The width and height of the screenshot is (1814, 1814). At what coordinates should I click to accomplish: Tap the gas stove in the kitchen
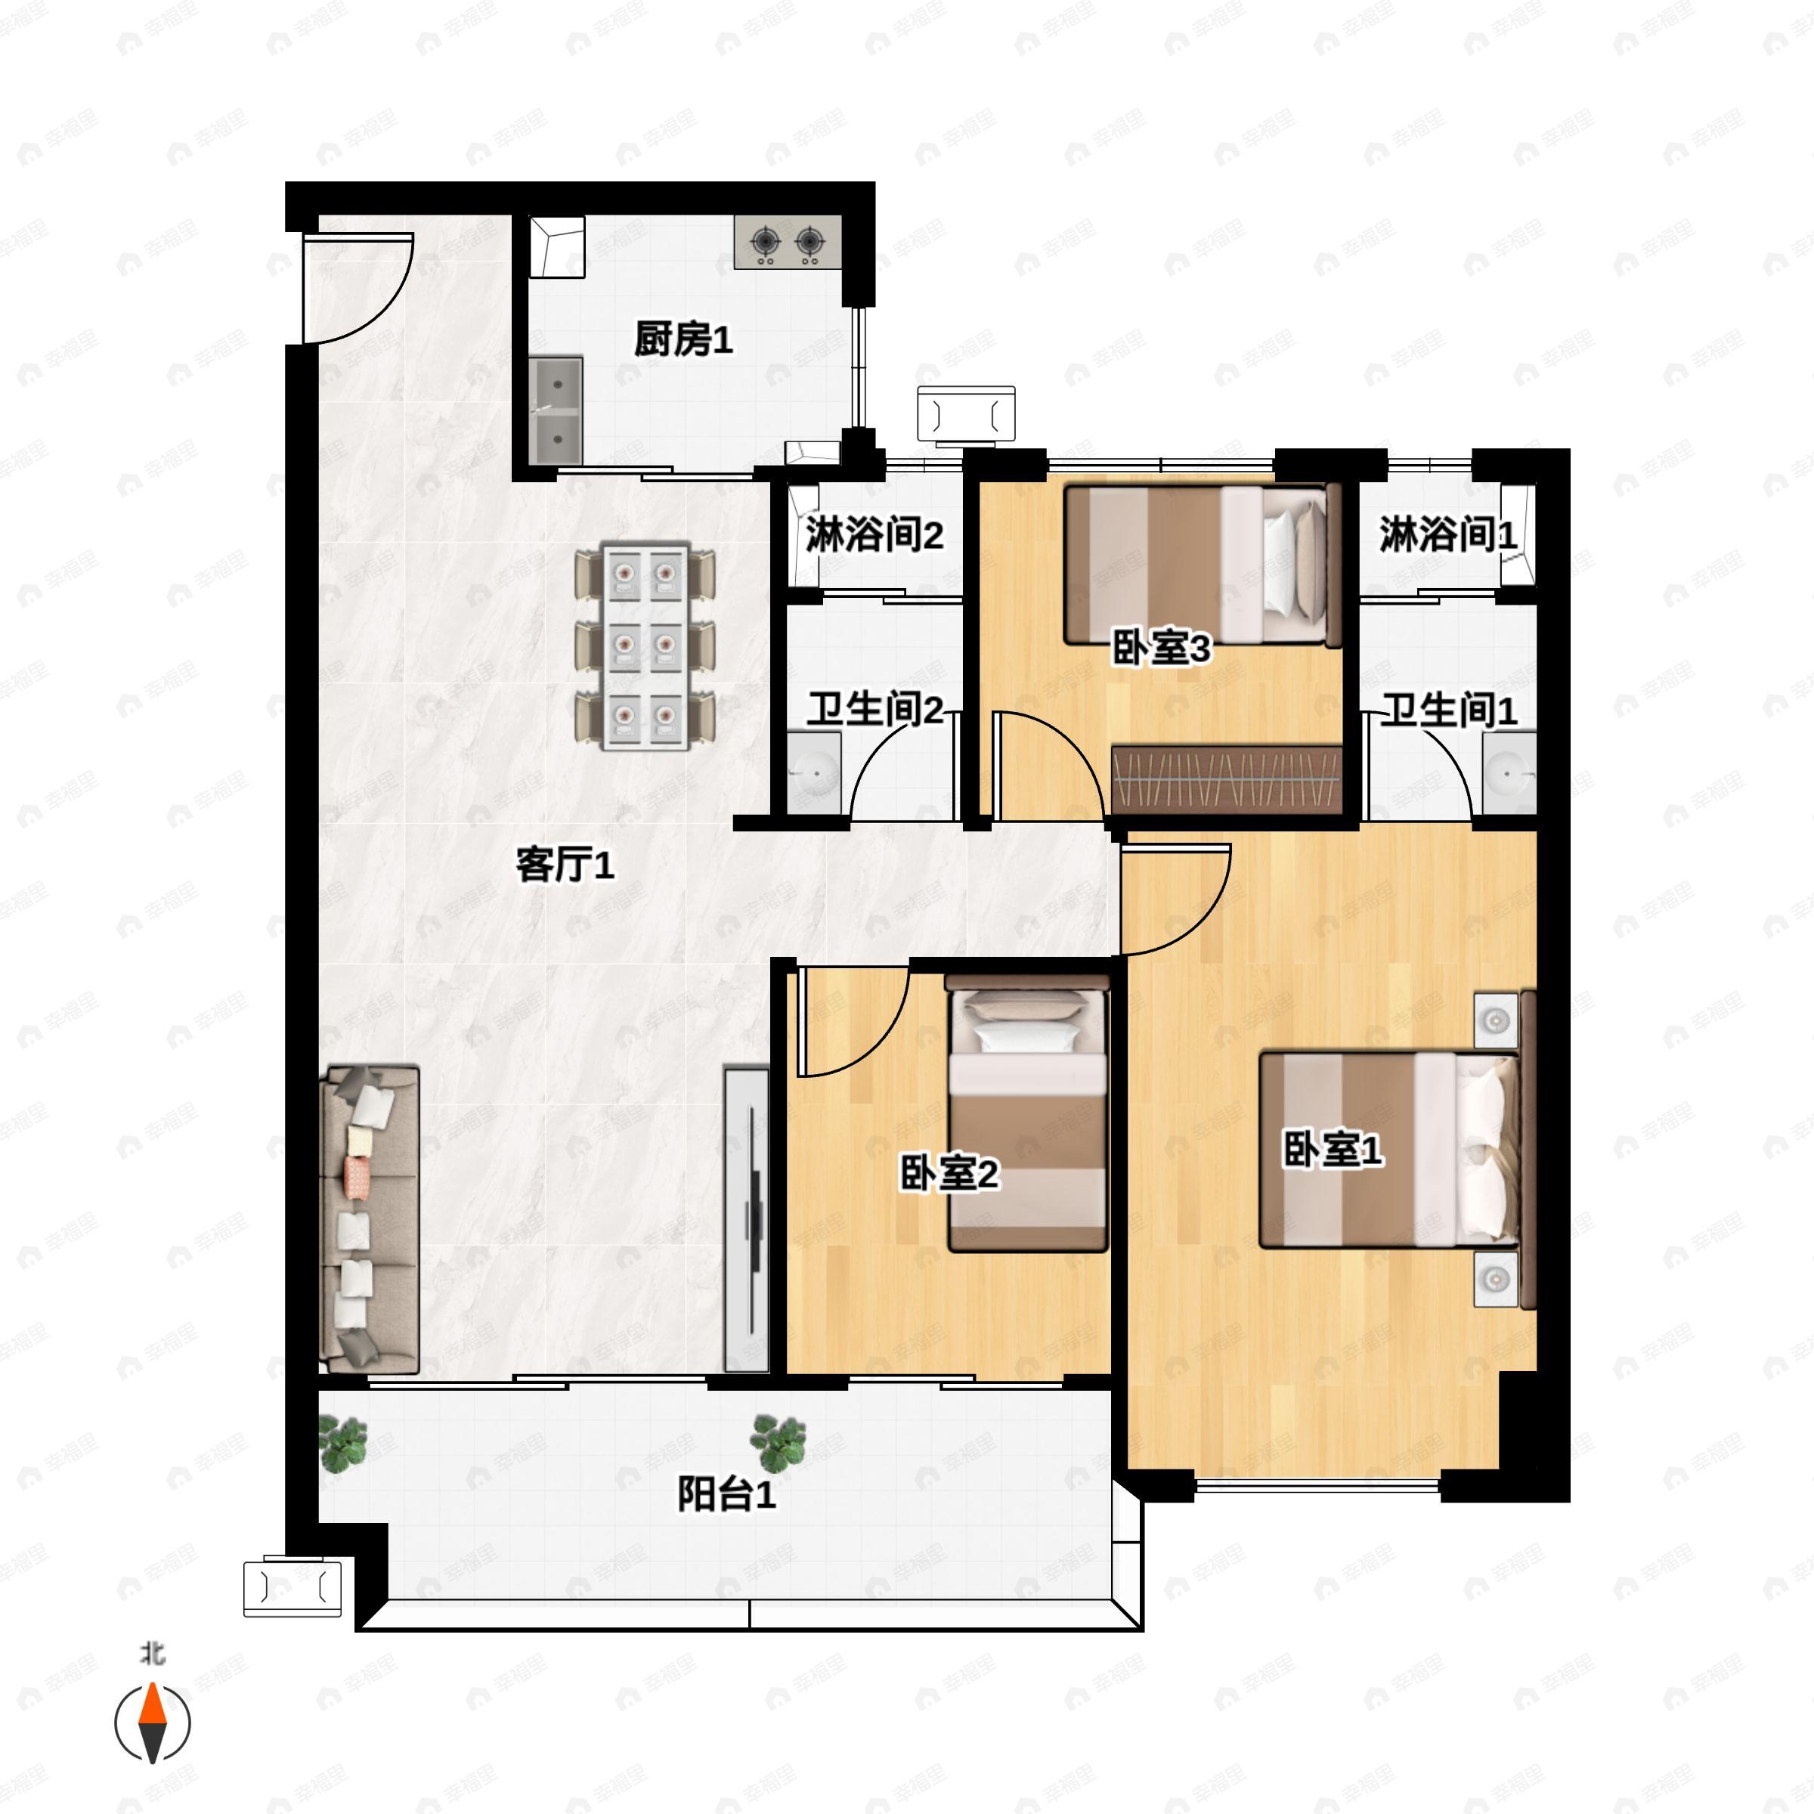coord(787,243)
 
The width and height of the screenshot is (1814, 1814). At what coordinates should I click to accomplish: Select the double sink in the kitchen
coord(555,410)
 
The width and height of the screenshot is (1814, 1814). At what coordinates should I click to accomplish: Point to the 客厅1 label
coord(565,864)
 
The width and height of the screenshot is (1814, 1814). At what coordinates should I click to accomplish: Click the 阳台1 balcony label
coord(726,1494)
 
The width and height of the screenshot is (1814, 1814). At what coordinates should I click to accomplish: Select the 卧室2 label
coord(949,1173)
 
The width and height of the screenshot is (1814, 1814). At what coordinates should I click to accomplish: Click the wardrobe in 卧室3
coord(1226,780)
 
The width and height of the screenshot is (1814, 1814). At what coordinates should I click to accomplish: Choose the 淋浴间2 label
coord(873,535)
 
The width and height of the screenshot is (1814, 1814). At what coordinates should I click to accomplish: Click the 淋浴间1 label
coord(1447,535)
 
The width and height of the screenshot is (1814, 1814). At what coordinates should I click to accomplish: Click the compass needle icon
coord(152,1723)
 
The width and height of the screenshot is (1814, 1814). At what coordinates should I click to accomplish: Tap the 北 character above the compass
coord(152,1652)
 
